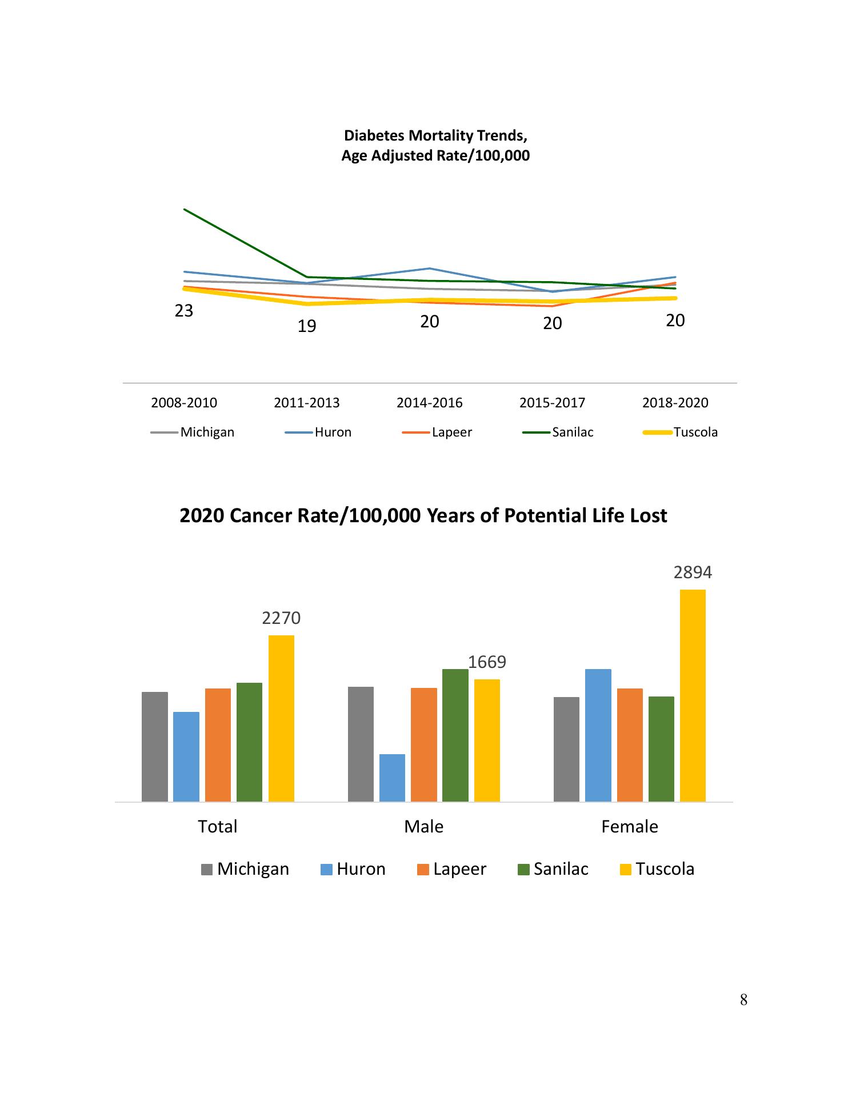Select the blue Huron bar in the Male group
tap(392, 778)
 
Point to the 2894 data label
tap(693, 572)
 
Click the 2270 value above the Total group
tap(281, 618)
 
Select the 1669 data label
tap(487, 662)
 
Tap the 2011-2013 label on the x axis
tap(307, 403)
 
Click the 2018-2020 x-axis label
tap(675, 403)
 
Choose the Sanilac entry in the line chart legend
tap(572, 433)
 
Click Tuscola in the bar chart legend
tap(665, 869)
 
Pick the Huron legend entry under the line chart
tap(333, 433)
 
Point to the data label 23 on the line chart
tap(184, 311)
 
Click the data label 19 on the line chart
tap(307, 326)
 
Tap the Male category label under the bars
tap(423, 827)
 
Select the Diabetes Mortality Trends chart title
tap(435, 145)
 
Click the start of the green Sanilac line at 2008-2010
tap(185, 210)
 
